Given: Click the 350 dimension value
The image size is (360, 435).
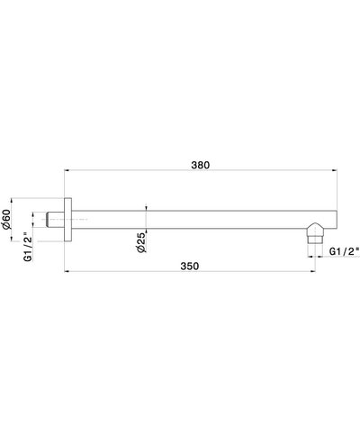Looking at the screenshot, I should point(189,266).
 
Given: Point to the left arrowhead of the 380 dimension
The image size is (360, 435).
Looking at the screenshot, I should point(66,171).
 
